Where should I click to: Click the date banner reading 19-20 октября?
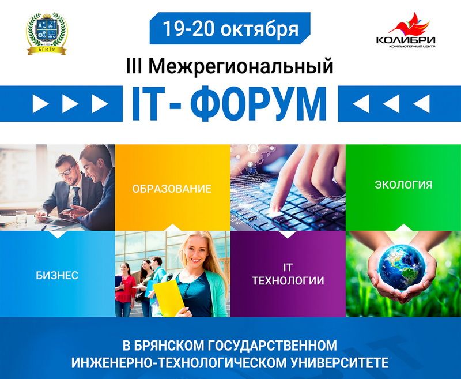click(x=230, y=28)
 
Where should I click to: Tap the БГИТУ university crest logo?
click(x=47, y=34)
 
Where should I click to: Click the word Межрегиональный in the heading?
click(x=241, y=66)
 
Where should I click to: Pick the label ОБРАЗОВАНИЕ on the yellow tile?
click(x=172, y=189)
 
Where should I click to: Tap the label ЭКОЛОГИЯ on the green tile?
click(x=403, y=185)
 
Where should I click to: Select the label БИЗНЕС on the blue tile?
click(x=57, y=275)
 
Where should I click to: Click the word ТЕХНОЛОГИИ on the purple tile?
click(x=288, y=281)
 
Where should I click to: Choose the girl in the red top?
click(x=126, y=289)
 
